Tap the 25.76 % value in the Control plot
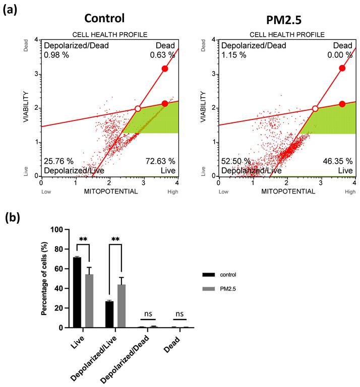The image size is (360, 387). [x=58, y=161]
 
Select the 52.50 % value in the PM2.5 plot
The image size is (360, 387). [x=236, y=161]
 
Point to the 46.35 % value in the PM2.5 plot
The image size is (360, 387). [x=338, y=161]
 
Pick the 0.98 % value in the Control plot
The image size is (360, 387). [x=55, y=54]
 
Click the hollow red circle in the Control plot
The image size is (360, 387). [x=138, y=109]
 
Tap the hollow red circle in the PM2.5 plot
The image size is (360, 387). [x=315, y=109]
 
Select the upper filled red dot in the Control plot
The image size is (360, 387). [x=164, y=69]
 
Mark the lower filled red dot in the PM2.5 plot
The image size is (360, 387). [x=342, y=104]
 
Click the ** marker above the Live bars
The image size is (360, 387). [x=83, y=239]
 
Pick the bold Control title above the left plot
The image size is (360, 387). [x=104, y=19]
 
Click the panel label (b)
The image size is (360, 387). [x=15, y=217]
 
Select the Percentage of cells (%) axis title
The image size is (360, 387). [x=44, y=278]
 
